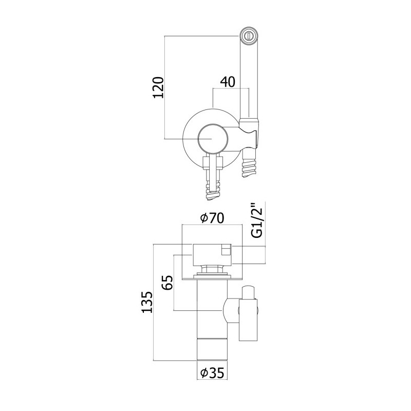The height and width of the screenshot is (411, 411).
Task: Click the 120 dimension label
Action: tap(159, 87)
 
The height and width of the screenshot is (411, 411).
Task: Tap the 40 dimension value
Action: tap(228, 82)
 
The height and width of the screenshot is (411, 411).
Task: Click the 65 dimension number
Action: tap(168, 282)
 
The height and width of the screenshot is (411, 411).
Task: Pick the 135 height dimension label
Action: tap(147, 302)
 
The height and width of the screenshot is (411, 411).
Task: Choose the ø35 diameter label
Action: tap(212, 373)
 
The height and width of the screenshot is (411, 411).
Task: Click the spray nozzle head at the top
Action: tap(249, 35)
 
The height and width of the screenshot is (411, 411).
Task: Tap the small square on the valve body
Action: tap(226, 249)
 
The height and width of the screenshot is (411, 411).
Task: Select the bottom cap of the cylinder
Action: tap(212, 350)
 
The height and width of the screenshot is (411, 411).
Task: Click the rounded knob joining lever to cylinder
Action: tap(231, 311)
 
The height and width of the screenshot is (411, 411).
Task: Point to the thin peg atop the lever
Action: tap(248, 292)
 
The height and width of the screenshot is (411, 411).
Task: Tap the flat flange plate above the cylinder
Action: tap(212, 277)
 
